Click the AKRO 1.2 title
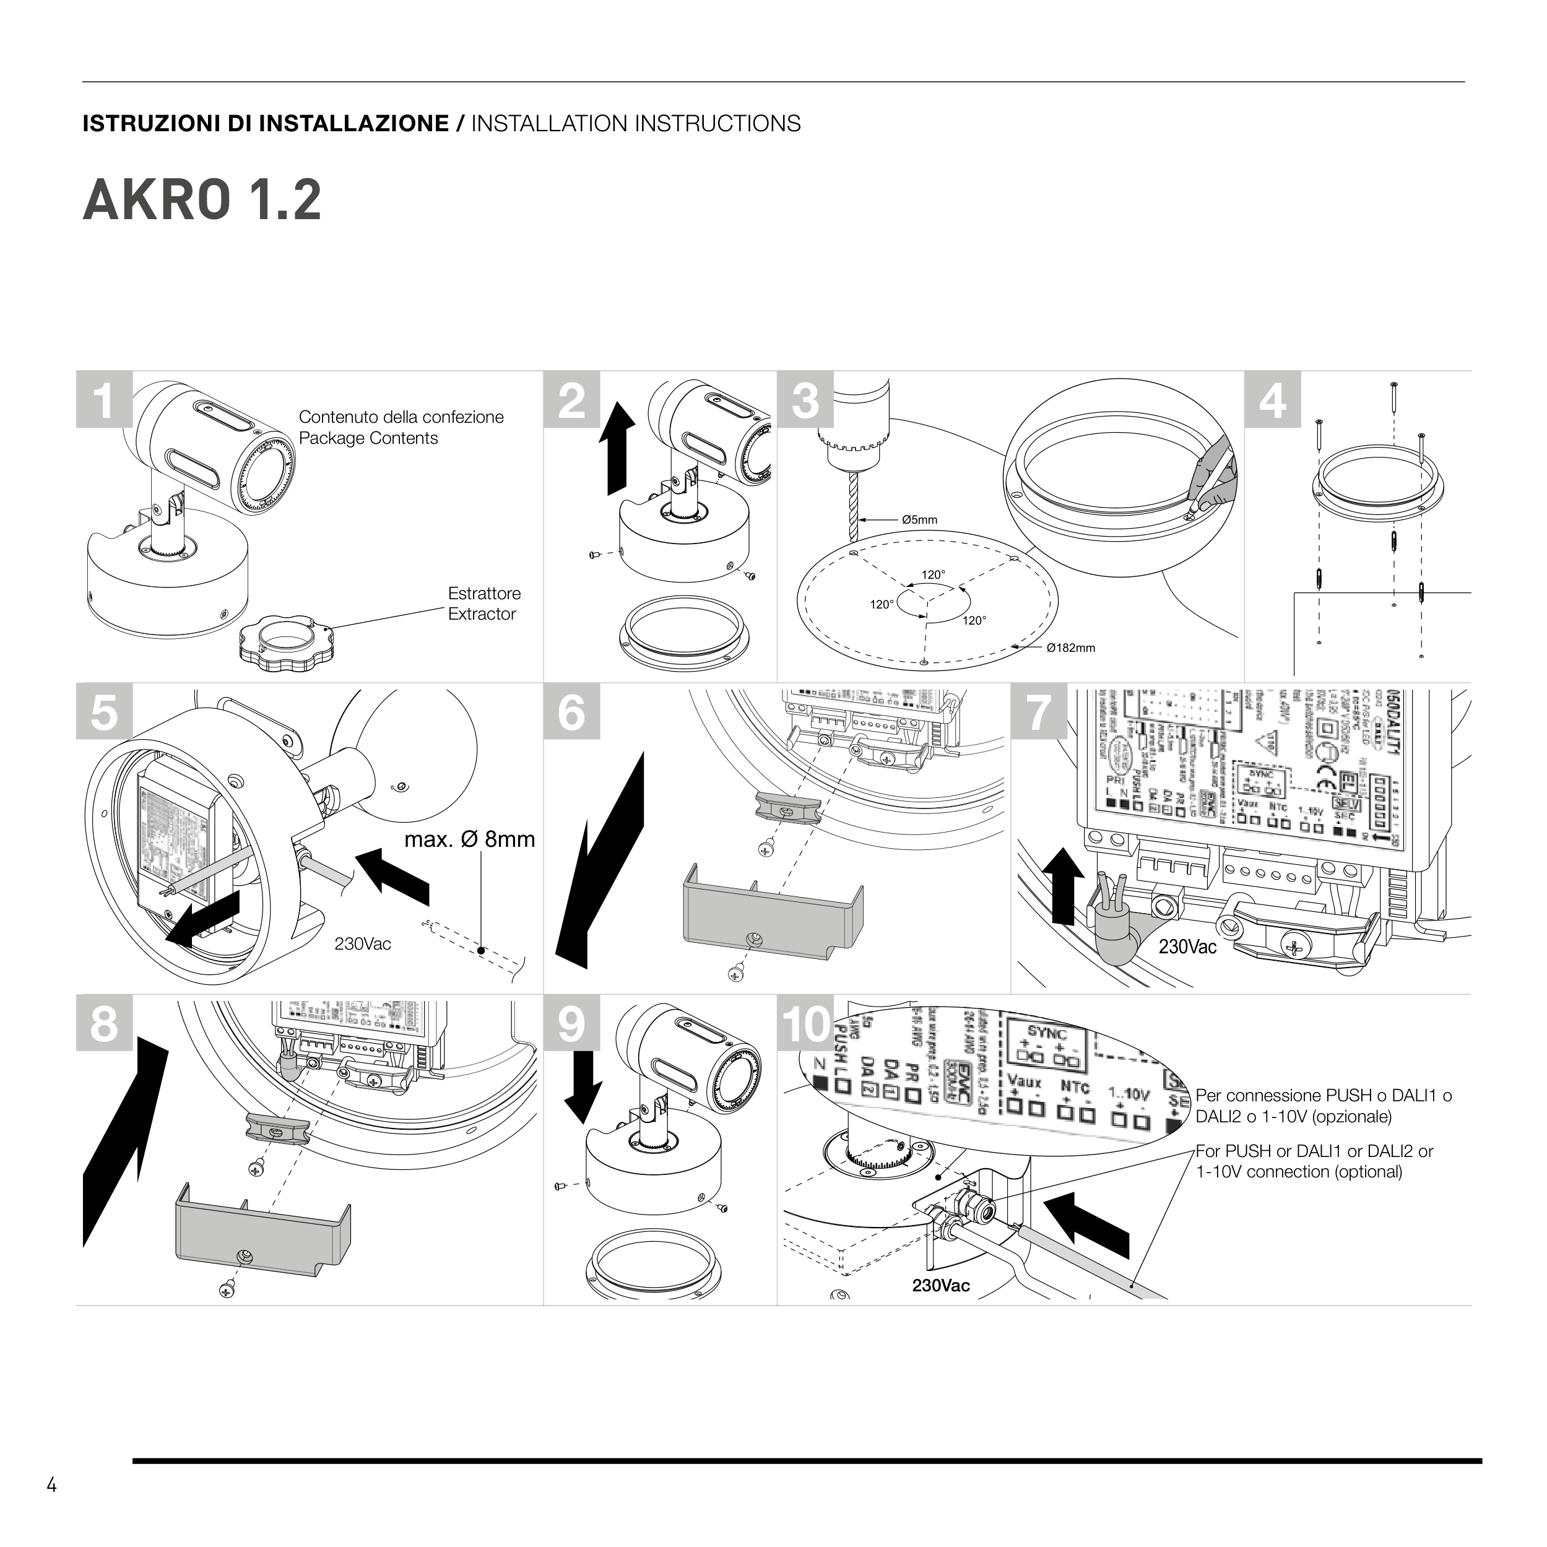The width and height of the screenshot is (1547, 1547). tap(202, 200)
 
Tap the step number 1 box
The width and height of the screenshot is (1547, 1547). tap(104, 399)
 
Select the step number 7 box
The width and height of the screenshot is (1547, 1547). tap(1039, 712)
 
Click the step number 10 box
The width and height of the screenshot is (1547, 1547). tap(805, 1023)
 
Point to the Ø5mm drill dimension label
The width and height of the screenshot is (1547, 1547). tap(919, 519)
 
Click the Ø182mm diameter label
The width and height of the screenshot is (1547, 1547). tap(1070, 648)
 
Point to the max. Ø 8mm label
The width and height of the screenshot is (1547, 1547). tap(469, 839)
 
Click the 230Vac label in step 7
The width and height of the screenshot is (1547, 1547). tap(1187, 947)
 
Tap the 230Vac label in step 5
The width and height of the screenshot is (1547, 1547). tap(363, 944)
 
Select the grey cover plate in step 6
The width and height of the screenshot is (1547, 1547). tap(772, 913)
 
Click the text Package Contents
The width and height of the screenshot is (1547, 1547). tap(368, 438)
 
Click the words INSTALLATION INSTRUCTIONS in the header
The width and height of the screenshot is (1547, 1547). tap(636, 123)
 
